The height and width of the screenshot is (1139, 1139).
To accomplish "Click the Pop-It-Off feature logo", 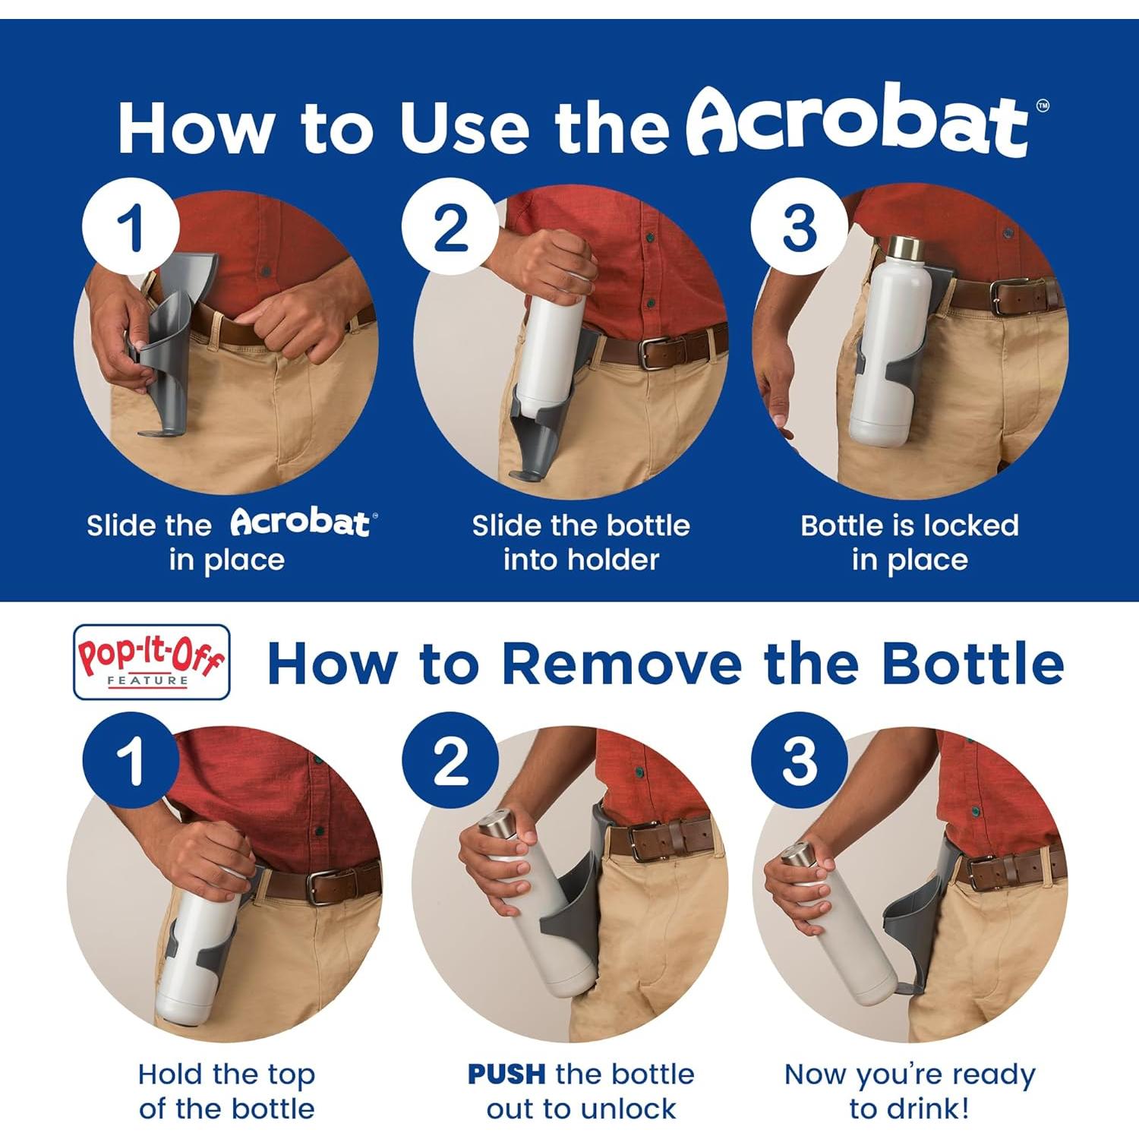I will [151, 661].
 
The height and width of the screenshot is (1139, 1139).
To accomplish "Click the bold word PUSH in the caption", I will [506, 1074].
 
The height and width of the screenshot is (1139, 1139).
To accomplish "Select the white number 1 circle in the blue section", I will [131, 226].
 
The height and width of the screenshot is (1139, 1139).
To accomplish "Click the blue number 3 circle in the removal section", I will [799, 760].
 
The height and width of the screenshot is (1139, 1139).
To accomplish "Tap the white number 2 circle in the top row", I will [450, 226].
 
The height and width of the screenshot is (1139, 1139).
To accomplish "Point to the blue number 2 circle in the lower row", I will [450, 760].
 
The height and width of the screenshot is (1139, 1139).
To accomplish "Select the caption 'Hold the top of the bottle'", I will [226, 1091].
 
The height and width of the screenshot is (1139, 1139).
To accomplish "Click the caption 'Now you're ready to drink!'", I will [909, 1091].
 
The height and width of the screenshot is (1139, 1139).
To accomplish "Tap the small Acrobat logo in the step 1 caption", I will [301, 522].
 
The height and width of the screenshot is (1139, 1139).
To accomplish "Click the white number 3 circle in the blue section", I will [799, 226].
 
